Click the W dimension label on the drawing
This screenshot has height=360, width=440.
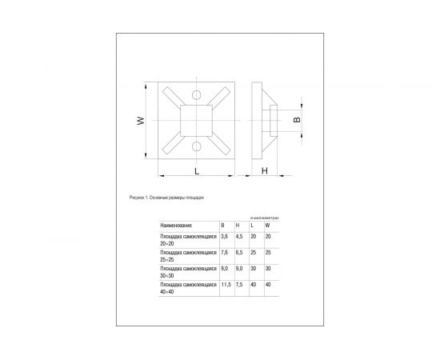coord(140,122)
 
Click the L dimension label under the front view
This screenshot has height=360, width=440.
coord(195,172)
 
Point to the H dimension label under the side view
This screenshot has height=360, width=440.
coord(265,172)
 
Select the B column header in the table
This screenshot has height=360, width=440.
coord(222,227)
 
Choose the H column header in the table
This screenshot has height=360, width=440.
coord(238,227)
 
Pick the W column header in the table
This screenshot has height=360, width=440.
coord(266,227)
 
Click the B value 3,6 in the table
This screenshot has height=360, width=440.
coord(224,238)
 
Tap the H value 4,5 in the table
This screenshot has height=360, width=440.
coord(239,238)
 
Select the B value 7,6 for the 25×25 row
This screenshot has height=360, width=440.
coord(224,253)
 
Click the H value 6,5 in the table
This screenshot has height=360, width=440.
coord(239,253)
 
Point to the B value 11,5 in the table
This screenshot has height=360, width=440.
coord(226,284)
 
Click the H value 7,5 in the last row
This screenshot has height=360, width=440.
coord(239,284)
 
